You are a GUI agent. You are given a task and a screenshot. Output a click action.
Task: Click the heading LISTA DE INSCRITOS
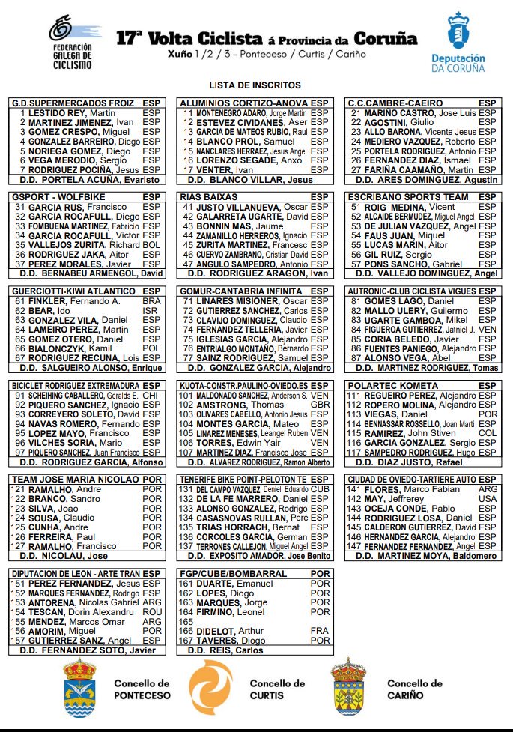[255, 85]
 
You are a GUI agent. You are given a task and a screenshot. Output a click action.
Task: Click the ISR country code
[151, 310]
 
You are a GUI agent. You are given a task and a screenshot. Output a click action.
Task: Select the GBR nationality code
[320, 405]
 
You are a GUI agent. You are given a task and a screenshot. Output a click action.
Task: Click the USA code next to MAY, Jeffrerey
[488, 499]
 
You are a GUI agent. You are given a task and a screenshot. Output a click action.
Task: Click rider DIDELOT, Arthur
[231, 631]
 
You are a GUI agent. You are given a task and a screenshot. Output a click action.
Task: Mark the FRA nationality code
[320, 631]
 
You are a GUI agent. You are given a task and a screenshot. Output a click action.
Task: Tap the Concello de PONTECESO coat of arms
[79, 688]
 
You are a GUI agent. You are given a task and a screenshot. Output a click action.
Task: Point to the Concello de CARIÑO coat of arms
[348, 688]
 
